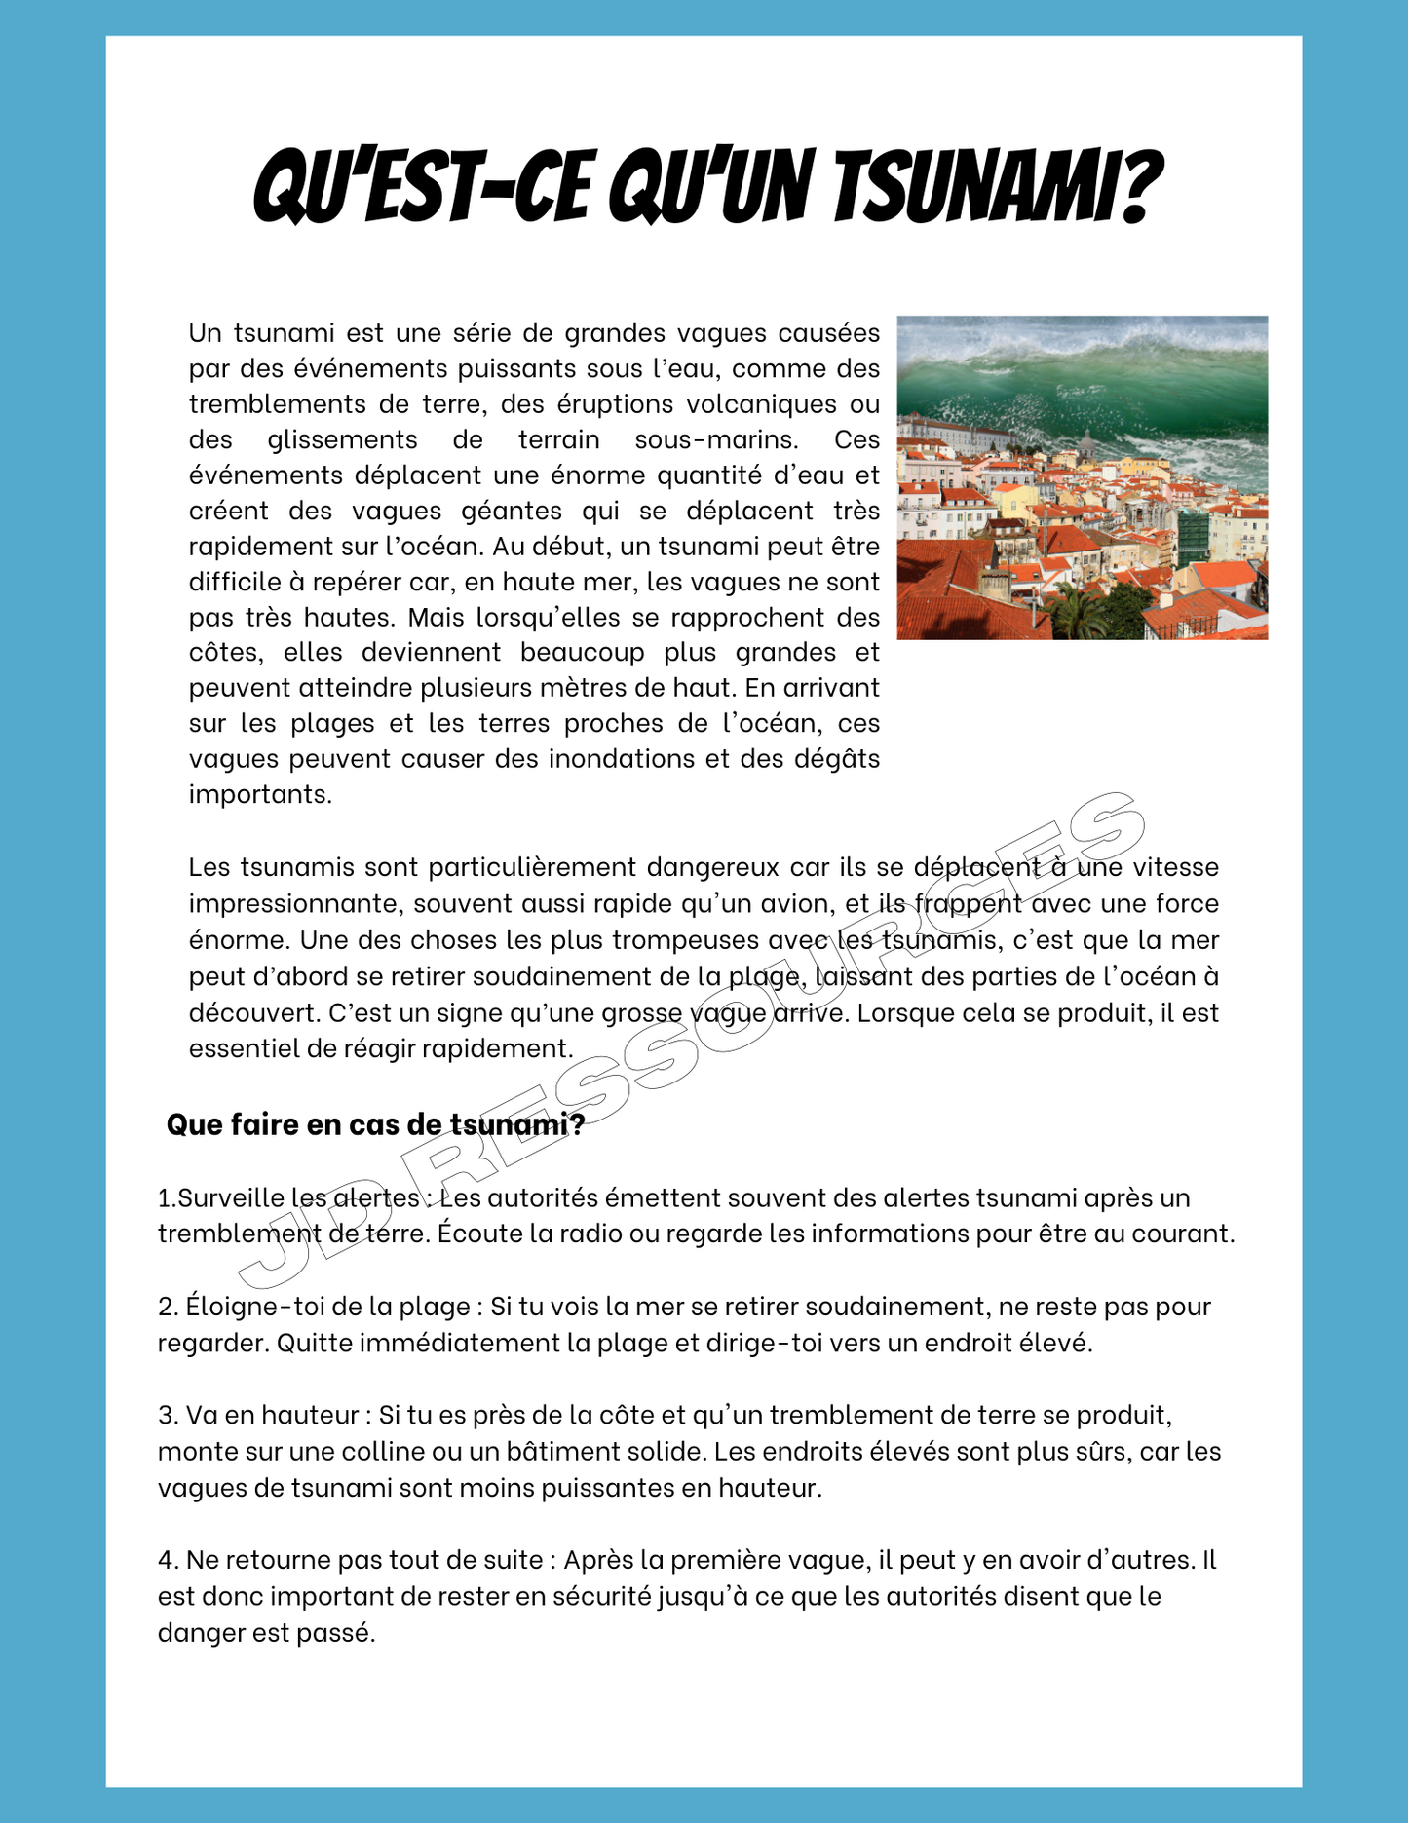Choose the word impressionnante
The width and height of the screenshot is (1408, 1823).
(x=295, y=904)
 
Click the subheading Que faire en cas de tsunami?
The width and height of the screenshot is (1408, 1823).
(x=375, y=1124)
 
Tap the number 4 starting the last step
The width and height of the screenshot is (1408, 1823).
(x=166, y=1561)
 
